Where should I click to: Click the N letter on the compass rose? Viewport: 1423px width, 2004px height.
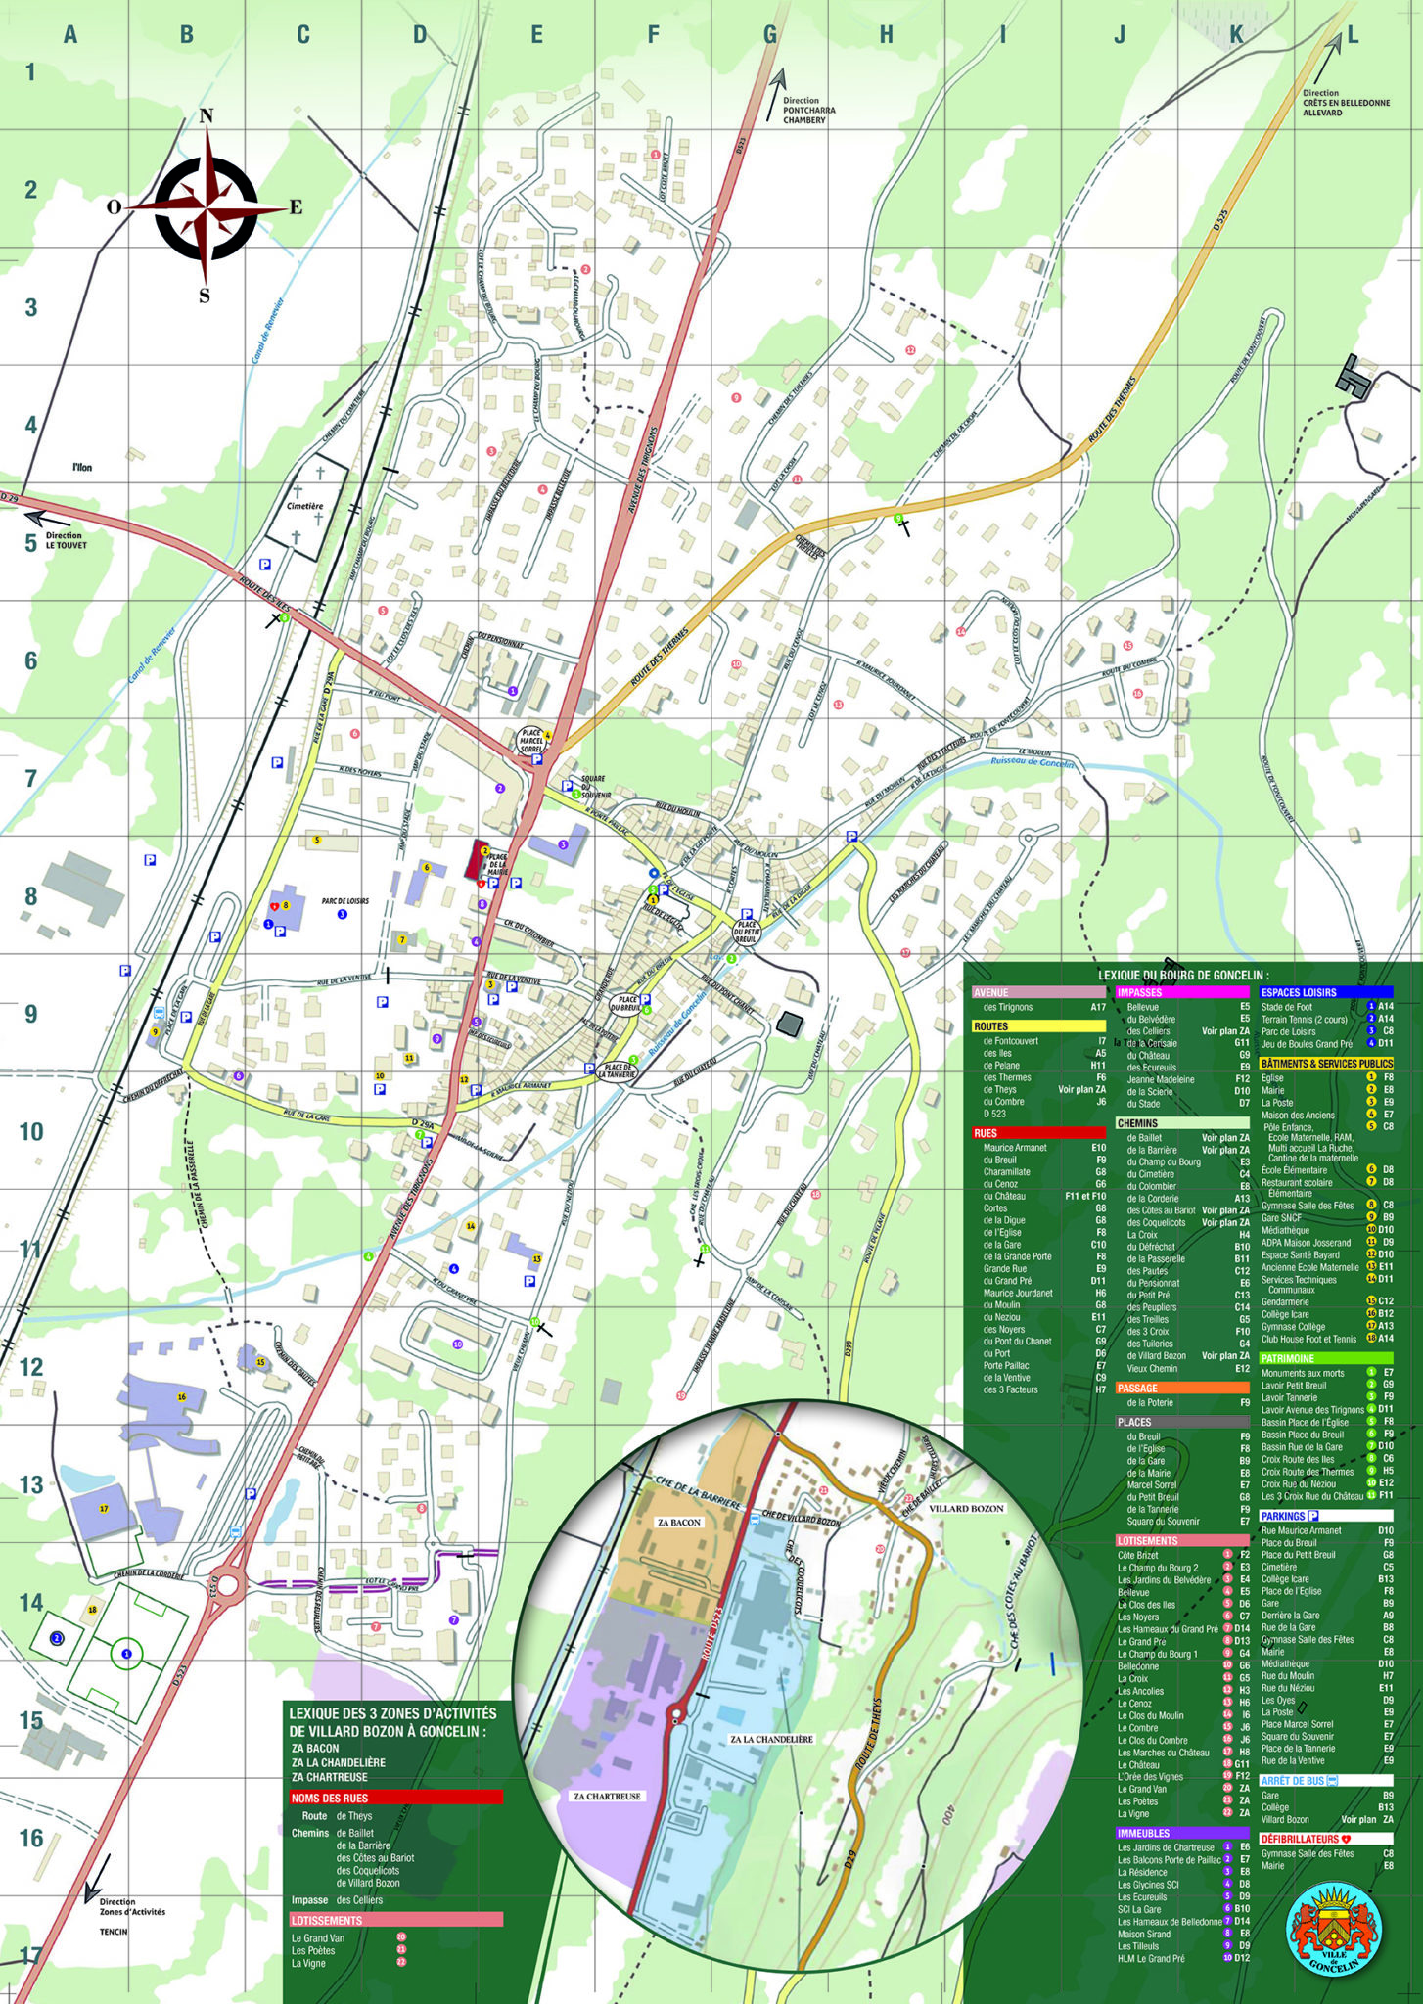click(206, 116)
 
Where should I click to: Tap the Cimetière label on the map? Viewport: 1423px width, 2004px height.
click(304, 506)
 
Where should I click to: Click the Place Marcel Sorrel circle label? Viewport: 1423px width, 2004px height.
click(531, 741)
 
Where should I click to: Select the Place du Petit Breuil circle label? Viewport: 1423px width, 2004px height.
click(746, 931)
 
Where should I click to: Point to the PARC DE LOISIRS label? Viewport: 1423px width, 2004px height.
click(345, 901)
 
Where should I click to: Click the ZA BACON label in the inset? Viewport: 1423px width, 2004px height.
click(678, 1523)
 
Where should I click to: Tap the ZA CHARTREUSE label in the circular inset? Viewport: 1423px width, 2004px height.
click(607, 1797)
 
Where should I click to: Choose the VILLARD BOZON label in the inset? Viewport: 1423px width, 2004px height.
click(966, 1508)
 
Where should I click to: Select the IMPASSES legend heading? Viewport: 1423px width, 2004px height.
click(1139, 992)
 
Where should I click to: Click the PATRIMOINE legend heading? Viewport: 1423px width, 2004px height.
click(1287, 1358)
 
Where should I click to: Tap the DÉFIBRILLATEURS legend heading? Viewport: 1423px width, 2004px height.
click(1299, 1839)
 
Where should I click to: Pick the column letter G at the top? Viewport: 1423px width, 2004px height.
click(770, 35)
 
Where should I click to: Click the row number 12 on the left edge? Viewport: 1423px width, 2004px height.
click(31, 1367)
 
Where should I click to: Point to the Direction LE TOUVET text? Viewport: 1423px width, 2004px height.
click(65, 540)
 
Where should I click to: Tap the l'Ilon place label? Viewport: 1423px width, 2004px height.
click(82, 468)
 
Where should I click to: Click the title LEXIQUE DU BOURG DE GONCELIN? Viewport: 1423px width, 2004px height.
click(1182, 975)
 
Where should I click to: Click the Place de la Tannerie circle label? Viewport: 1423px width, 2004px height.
click(617, 1070)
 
